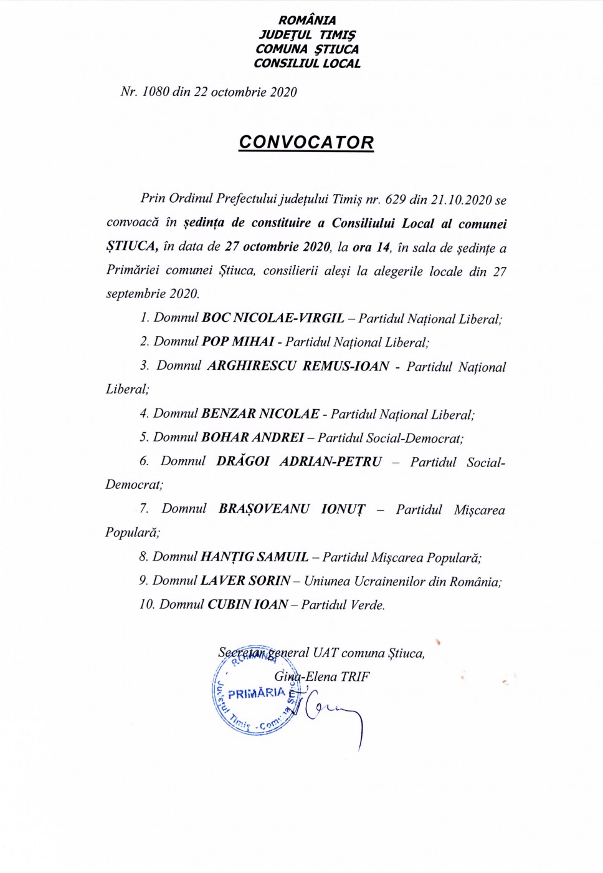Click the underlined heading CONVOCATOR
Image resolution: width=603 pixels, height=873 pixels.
click(x=306, y=143)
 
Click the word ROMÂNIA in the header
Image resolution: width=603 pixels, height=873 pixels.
click(x=307, y=21)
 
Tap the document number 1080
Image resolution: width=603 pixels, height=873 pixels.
click(x=156, y=92)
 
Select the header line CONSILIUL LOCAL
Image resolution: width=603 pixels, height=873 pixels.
click(x=307, y=63)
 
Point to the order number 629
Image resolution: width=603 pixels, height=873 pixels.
click(x=396, y=200)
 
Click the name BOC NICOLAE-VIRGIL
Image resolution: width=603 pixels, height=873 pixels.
click(x=273, y=318)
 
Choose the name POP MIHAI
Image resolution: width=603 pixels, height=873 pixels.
click(x=238, y=342)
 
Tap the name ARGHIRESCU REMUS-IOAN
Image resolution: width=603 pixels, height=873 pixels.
click(x=298, y=366)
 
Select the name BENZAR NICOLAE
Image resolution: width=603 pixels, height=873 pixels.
click(x=260, y=414)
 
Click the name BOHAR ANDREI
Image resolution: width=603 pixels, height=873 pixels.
click(x=253, y=438)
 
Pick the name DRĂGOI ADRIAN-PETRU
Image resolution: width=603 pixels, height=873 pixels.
click(x=299, y=461)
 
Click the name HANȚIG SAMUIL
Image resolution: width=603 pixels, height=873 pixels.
click(x=255, y=557)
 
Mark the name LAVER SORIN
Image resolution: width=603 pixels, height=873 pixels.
click(x=245, y=581)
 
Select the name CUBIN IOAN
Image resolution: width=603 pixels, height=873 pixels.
click(x=248, y=604)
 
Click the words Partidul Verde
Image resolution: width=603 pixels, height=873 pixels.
click(x=343, y=604)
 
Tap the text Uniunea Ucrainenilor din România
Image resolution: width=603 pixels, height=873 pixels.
click(x=402, y=581)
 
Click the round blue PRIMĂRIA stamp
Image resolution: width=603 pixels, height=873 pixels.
click(x=255, y=695)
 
